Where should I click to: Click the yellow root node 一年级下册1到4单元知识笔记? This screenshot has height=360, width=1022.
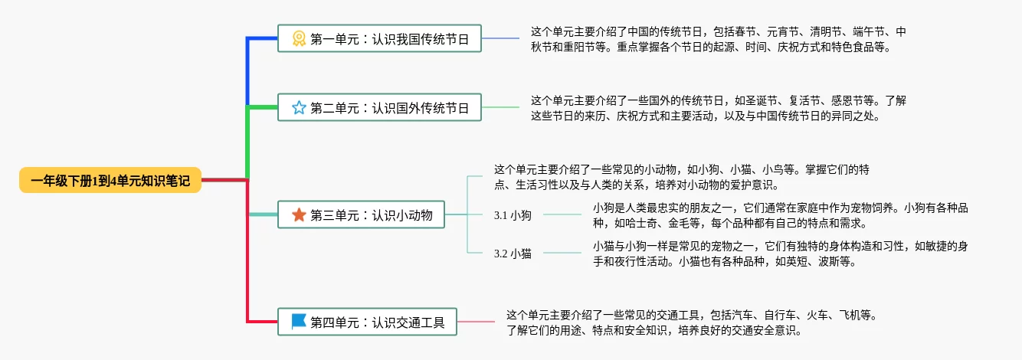click(110, 180)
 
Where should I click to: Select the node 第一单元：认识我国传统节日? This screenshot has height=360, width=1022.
click(379, 38)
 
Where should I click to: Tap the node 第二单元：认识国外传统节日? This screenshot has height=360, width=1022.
click(379, 107)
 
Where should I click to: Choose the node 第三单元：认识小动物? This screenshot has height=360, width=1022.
click(362, 215)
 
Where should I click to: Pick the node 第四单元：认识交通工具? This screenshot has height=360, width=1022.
click(367, 322)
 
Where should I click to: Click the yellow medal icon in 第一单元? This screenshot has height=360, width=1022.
click(299, 38)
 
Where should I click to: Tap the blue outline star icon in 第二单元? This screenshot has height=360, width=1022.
click(299, 107)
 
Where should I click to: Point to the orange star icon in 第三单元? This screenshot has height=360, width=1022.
click(299, 215)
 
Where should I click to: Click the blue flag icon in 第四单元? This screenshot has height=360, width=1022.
click(299, 322)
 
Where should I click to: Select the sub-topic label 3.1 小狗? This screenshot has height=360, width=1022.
click(513, 215)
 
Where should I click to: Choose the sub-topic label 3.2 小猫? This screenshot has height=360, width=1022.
click(513, 254)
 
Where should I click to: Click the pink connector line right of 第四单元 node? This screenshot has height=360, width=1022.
click(475, 322)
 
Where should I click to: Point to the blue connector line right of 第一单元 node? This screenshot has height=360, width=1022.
click(500, 38)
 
